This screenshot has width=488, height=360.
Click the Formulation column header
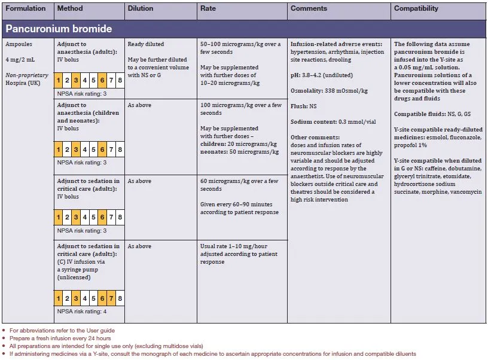click(25, 9)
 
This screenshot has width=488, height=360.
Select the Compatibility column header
click(416, 9)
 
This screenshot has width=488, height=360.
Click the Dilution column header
click(140, 9)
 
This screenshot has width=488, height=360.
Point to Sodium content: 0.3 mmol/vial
click(333, 122)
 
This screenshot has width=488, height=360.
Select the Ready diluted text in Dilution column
click(145, 44)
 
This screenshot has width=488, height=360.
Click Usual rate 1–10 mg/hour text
click(234, 246)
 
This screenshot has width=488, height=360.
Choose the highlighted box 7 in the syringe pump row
click(111, 298)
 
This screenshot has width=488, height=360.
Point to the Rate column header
click(209, 9)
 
